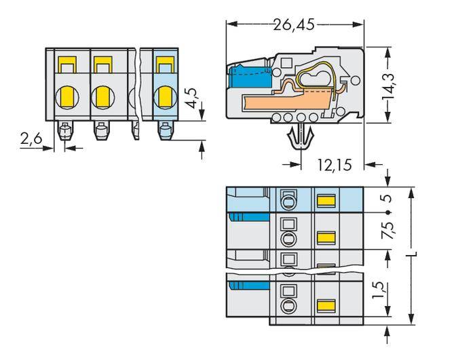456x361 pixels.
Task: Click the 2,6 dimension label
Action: pyautogui.click(x=31, y=139)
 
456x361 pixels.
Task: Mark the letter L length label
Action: pyautogui.click(x=415, y=256)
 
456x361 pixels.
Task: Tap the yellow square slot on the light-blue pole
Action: pyautogui.click(x=163, y=65)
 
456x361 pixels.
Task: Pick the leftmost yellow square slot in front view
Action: pyautogui.click(x=66, y=65)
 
